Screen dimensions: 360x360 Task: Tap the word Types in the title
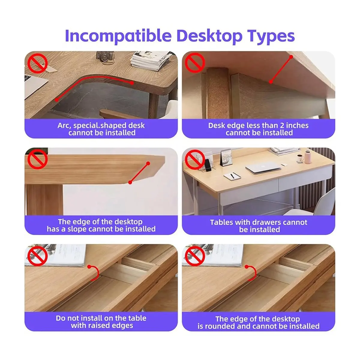(271, 36)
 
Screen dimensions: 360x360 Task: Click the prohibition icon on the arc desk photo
(37, 63)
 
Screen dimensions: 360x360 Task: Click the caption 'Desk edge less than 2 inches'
(258, 125)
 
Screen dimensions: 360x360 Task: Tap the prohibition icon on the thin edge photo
(195, 62)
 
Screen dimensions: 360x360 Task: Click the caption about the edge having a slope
(101, 225)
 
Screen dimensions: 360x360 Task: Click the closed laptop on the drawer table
(263, 167)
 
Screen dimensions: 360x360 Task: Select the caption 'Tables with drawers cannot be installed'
(258, 226)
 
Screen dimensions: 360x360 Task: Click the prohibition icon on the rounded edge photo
(195, 256)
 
